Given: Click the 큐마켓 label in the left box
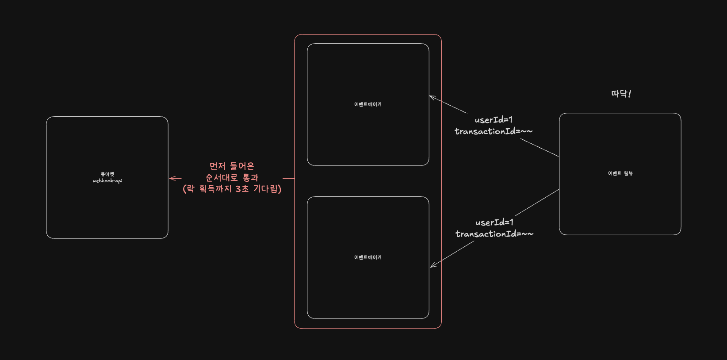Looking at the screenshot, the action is [107, 174].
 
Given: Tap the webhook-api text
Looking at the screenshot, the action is [107, 181].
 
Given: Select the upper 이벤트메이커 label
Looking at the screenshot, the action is [368, 104].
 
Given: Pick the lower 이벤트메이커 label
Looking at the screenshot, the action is [368, 257].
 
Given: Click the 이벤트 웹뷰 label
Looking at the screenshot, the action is [620, 173].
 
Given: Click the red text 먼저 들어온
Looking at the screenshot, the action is [232, 166].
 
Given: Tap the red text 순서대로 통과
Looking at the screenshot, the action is [232, 177].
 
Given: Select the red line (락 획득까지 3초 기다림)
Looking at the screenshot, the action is [232, 188].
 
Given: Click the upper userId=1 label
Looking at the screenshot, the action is [494, 120].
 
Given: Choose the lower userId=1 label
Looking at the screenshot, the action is [495, 222].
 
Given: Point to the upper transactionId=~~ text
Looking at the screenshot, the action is [494, 131].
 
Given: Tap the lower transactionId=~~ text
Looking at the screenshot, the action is [495, 234].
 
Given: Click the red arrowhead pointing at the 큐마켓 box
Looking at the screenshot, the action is [172, 178].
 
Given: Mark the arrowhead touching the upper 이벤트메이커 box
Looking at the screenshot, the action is [432, 97].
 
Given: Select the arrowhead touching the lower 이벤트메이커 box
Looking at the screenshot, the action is [433, 265].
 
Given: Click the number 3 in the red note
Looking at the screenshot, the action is [238, 188].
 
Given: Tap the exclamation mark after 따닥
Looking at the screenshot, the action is [630, 94].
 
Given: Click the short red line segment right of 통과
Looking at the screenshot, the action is [288, 178].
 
